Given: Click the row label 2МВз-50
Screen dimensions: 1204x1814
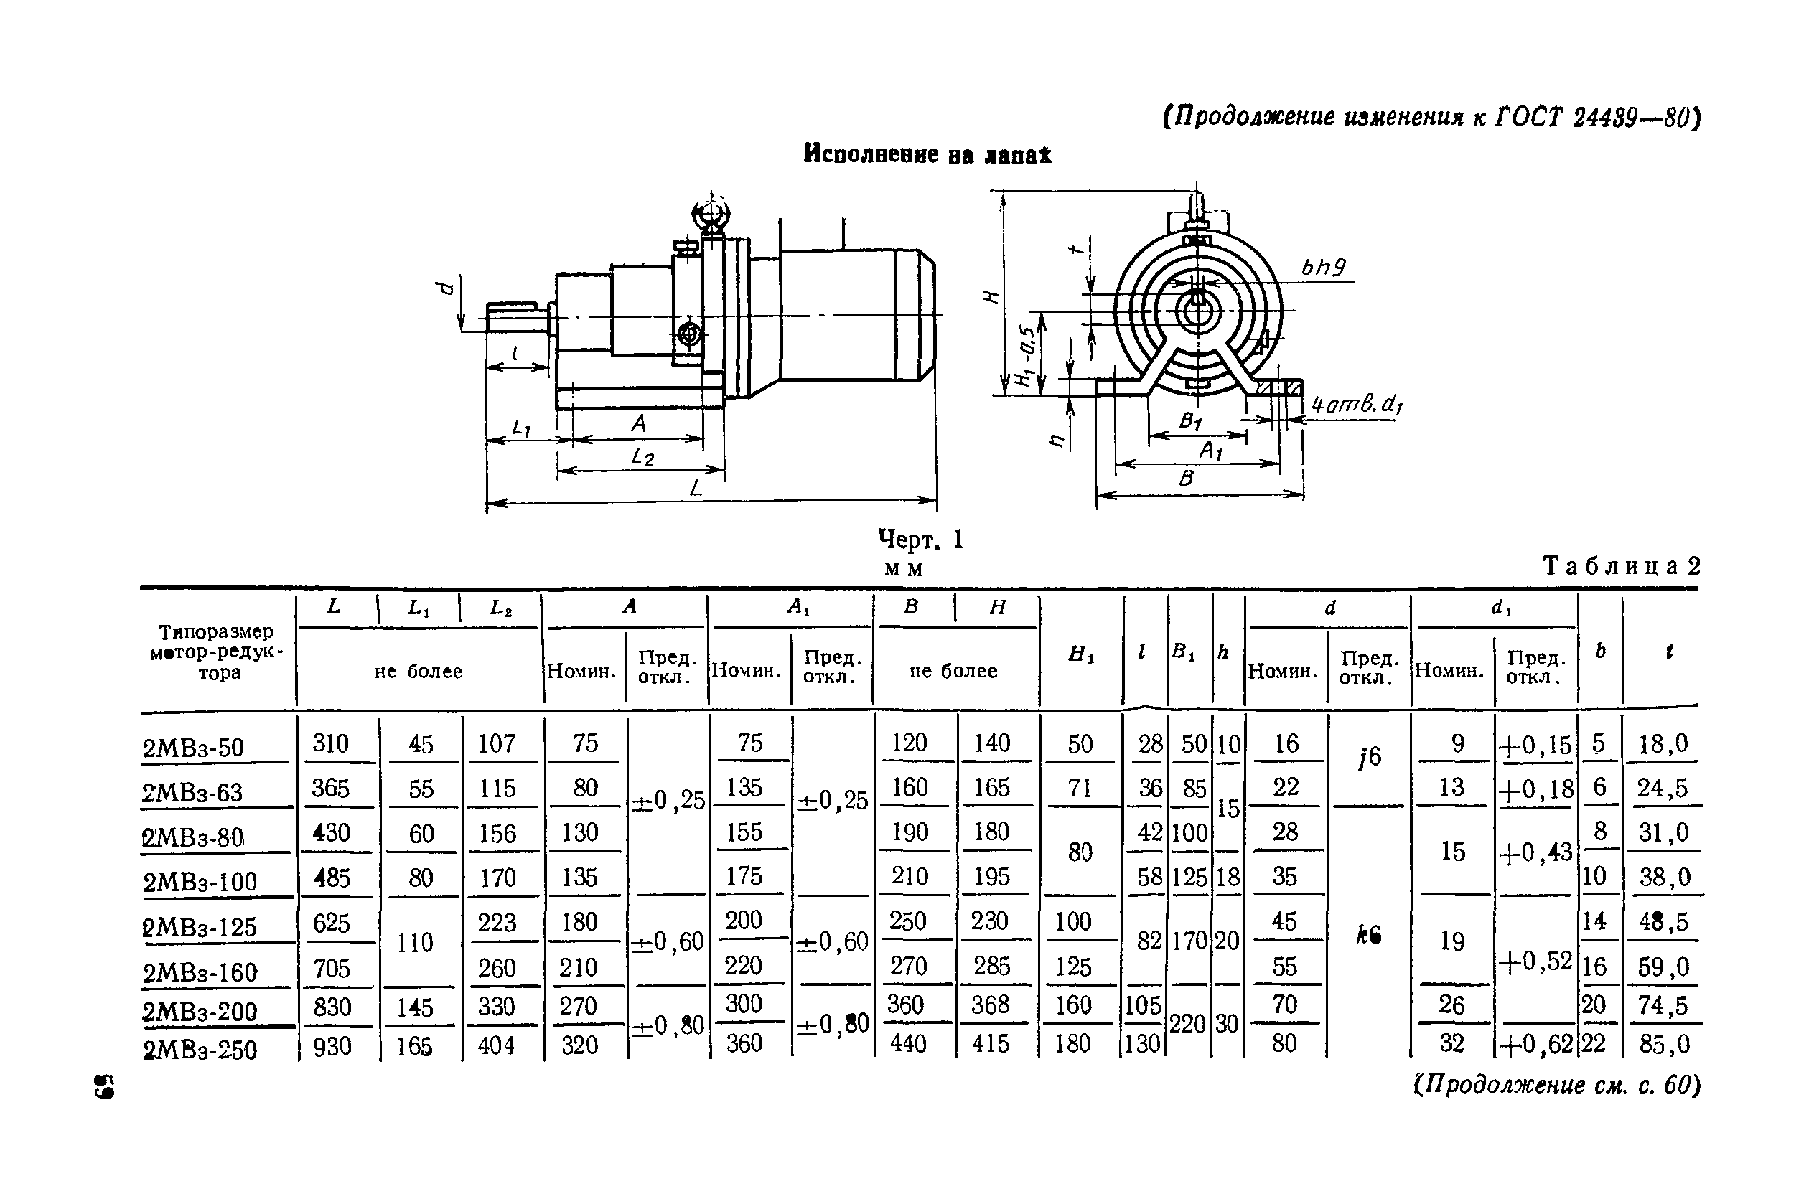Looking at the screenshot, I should pos(193,746).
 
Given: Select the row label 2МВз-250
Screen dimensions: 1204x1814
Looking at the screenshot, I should pos(200,1049).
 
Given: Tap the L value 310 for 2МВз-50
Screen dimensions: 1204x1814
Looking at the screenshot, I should pos(331,743).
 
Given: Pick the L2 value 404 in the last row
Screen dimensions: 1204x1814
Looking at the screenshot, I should pos(496,1045).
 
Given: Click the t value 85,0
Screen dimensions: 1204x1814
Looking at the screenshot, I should pos(1663,1044).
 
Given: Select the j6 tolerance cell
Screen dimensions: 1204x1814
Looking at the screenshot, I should pos(1368,757).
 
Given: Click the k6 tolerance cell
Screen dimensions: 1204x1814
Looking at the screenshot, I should pos(1367,934).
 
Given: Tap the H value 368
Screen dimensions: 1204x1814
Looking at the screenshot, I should pos(990,1005).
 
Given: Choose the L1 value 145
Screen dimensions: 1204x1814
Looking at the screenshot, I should pos(415,1007).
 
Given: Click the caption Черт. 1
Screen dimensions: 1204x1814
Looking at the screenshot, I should pos(920,540).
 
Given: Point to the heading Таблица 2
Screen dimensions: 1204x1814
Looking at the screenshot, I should pos(1621,566).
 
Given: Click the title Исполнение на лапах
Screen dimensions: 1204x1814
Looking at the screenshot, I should pos(927,154).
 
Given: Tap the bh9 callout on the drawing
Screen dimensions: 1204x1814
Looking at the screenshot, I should pos(1322,267).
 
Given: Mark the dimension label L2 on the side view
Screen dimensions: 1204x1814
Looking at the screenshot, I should pos(642,458).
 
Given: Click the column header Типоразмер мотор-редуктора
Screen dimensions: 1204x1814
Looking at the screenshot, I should pos(217,652).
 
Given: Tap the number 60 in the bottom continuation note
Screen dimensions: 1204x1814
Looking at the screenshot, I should pos(1676,1085).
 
